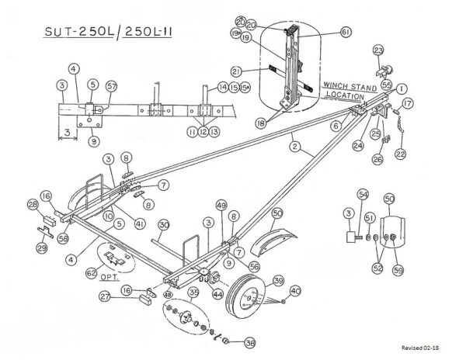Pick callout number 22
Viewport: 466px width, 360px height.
(x=401, y=155)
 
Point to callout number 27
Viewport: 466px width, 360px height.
(x=104, y=296)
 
